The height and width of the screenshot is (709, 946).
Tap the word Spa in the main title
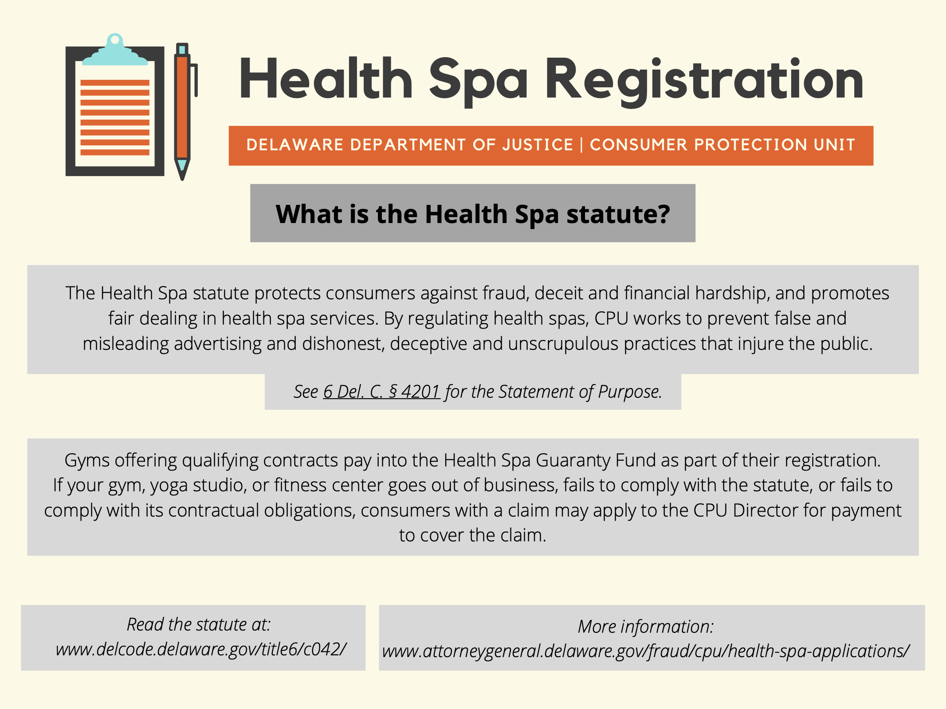pyautogui.click(x=479, y=82)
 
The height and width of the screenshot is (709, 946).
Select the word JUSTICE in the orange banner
pyautogui.click(x=538, y=145)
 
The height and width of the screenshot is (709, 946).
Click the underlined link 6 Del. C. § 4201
pyautogui.click(x=381, y=392)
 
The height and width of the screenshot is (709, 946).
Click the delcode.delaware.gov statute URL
pyautogui.click(x=201, y=649)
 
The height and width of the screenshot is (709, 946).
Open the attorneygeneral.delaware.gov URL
pyautogui.click(x=646, y=651)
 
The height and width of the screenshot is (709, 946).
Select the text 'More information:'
pyautogui.click(x=646, y=627)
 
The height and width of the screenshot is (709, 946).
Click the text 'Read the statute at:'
pyautogui.click(x=199, y=624)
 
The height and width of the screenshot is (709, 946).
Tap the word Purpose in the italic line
pyautogui.click(x=630, y=392)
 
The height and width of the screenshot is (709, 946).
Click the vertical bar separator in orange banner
pyautogui.click(x=581, y=145)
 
